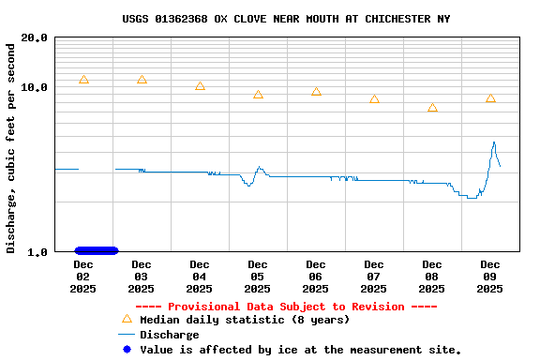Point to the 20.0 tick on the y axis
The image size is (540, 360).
point(35,37)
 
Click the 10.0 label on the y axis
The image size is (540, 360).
point(35,87)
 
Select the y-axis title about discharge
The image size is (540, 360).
point(11,146)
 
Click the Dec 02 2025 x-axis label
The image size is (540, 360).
point(82,277)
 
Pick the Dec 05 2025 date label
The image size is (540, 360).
point(258,277)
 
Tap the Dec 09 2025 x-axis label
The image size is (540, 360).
point(490,277)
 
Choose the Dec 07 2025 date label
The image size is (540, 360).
point(374,277)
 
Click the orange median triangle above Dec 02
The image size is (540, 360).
point(83,81)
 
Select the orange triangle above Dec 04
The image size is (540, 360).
point(200,86)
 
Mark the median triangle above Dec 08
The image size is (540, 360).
point(432,109)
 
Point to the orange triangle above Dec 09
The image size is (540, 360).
point(490,99)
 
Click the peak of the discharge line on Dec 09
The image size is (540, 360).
point(494,142)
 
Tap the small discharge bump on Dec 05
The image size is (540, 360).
point(259,168)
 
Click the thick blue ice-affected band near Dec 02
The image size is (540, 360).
point(97,250)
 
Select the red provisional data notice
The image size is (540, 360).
point(286,307)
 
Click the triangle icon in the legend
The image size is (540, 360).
point(127,320)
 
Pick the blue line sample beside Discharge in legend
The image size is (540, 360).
point(127,335)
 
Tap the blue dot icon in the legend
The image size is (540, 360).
point(127,350)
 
